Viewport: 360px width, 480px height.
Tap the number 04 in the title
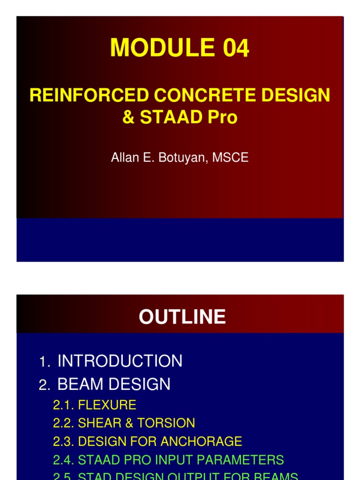coord(232,48)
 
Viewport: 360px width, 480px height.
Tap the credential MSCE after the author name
coord(230,157)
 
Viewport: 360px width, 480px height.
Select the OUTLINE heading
coord(182,317)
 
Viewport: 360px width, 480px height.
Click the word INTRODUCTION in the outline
coord(120,361)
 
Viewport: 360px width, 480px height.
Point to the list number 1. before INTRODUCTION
coord(45,362)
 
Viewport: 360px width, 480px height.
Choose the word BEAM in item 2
coord(78,384)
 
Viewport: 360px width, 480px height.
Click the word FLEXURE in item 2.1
coord(107,405)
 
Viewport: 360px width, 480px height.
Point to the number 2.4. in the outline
coord(64,459)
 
